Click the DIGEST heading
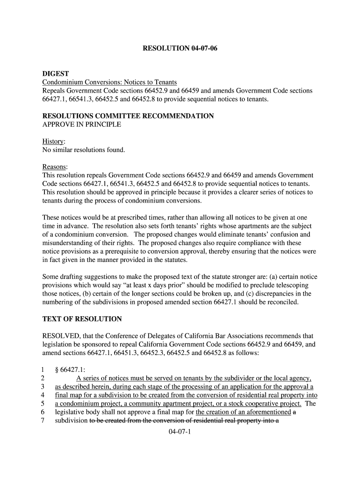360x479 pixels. (56, 74)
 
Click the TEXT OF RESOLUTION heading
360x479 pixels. (82, 319)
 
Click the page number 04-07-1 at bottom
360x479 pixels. (180, 432)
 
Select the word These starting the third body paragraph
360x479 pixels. (52, 218)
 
